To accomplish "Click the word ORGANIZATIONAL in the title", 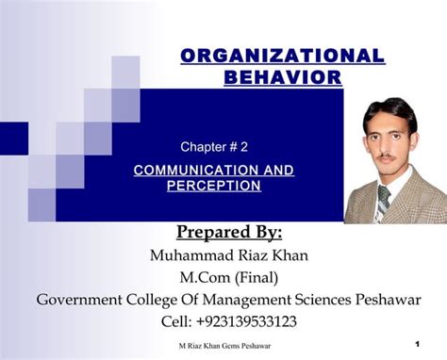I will pyautogui.click(x=282, y=56).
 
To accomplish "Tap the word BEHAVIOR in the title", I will pyautogui.click(x=282, y=77).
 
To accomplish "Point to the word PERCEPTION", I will pyautogui.click(x=213, y=186).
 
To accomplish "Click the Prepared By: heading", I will pyautogui.click(x=228, y=233).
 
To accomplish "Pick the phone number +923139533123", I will pyautogui.click(x=243, y=321).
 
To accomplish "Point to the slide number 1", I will pyautogui.click(x=416, y=346).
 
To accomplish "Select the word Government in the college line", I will pyautogui.click(x=79, y=300).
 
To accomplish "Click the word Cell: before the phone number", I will pyautogui.click(x=168, y=321).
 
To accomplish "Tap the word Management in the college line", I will pyautogui.click(x=239, y=300).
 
